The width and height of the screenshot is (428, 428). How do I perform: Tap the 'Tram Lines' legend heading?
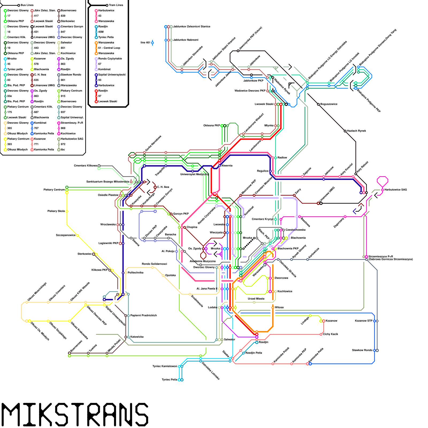point(116,5)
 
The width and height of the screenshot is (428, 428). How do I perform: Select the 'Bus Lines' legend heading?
point(27,5)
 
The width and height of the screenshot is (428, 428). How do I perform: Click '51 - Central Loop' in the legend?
point(109,48)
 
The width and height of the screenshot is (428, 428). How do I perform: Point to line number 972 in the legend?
point(63,144)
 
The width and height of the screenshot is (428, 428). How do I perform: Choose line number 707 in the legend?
point(36,128)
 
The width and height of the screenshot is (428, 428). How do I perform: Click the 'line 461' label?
point(145,43)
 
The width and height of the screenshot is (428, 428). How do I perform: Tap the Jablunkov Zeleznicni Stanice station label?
point(192,26)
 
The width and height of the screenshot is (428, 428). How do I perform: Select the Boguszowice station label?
point(328,104)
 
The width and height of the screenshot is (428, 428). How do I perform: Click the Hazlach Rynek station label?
point(356,131)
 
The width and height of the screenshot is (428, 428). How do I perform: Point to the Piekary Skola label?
point(56,211)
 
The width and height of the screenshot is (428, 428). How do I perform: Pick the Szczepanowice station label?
point(66,235)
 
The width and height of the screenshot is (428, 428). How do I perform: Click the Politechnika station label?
point(135,273)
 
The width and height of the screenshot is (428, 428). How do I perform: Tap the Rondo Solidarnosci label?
point(154,264)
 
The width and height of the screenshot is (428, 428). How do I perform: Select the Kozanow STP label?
point(364,321)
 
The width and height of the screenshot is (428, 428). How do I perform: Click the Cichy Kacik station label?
point(330,334)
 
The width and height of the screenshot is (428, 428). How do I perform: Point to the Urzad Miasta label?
point(256,299)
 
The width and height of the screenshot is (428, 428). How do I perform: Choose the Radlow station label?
point(282,158)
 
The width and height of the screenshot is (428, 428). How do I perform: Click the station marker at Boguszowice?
point(318,104)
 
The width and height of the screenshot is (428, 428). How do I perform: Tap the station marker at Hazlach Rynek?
point(345,131)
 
